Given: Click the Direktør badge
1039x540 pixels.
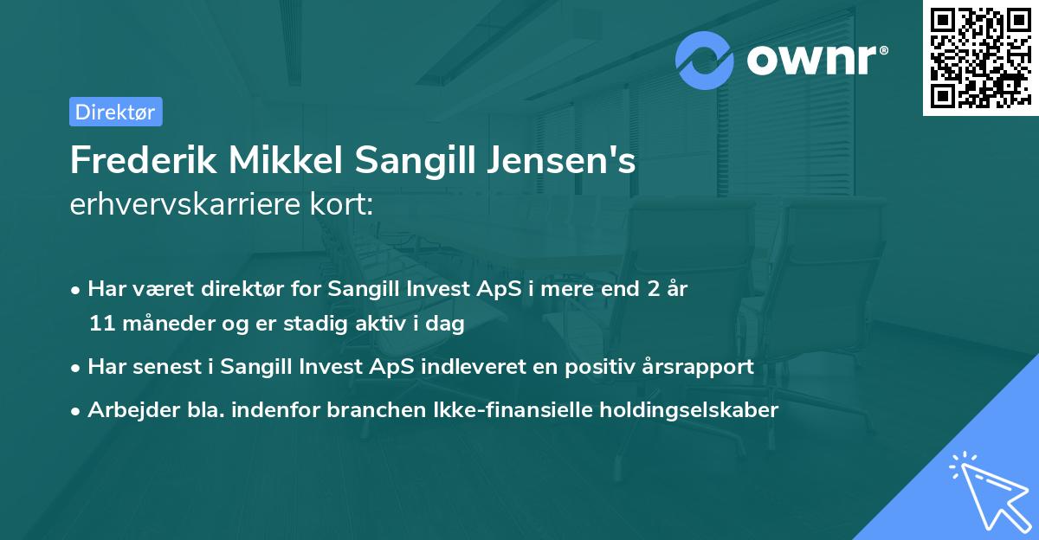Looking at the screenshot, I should (x=115, y=112).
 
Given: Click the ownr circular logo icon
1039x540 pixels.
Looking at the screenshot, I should (x=705, y=60).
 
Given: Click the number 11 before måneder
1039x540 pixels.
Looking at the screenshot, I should (x=100, y=325).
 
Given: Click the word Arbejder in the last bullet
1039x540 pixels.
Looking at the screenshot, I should (x=126, y=409).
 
